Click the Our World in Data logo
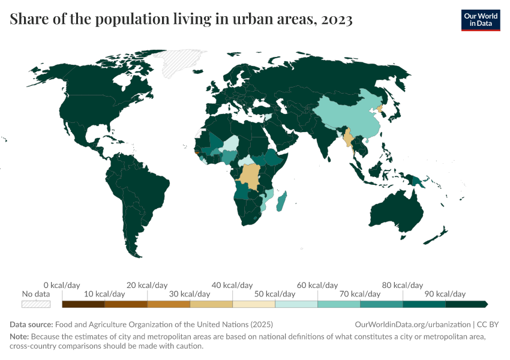pos(480,20)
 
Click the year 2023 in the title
pos(337,19)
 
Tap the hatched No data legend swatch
pos(36,304)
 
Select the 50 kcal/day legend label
pos(275,294)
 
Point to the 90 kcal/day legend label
pos(445,294)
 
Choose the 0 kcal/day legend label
pos(62,285)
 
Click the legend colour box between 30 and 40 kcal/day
pos(211,304)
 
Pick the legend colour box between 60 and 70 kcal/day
pos(338,304)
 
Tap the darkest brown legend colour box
pos(83,304)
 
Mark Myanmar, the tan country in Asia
pos(348,139)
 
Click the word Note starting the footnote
pos(19,337)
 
